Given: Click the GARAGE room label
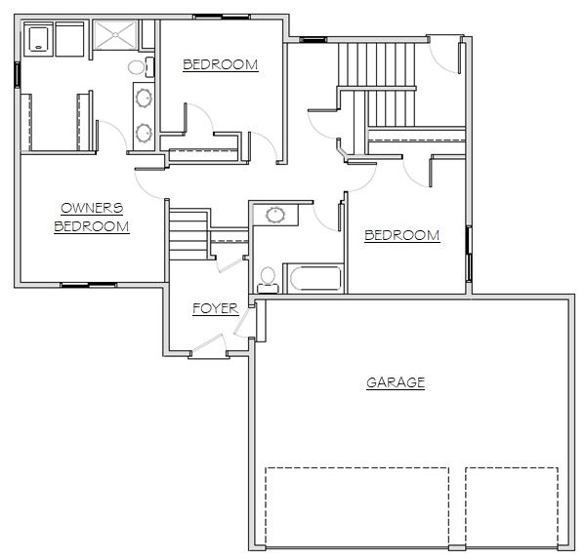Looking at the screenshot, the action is coord(396,382).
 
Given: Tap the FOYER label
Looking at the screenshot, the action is coord(215,308).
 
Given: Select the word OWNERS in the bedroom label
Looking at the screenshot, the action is coord(92,208).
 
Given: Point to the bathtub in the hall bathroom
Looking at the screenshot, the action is coord(316,278).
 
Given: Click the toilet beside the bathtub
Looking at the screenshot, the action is coord(268,280).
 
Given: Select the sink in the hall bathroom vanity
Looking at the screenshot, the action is coord(275,215).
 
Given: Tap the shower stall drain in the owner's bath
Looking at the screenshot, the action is coord(115,35).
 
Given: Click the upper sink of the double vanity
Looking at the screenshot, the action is coord(144,99).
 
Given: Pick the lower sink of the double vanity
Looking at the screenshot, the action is coord(144,134).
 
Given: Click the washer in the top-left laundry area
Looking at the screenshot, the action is coord(38,39).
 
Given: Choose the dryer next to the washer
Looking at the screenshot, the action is coord(69,39).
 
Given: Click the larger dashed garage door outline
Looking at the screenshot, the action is coord(356,507).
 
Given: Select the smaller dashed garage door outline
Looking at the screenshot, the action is coord(512,507).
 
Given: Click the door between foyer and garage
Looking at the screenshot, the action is coord(242,323).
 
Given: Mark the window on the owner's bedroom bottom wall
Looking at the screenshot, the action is coord(89,285).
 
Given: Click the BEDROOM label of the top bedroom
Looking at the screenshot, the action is coord(221,65).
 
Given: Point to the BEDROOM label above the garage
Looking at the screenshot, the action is coord(402,235).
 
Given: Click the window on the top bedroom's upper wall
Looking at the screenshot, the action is coord(222,17).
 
